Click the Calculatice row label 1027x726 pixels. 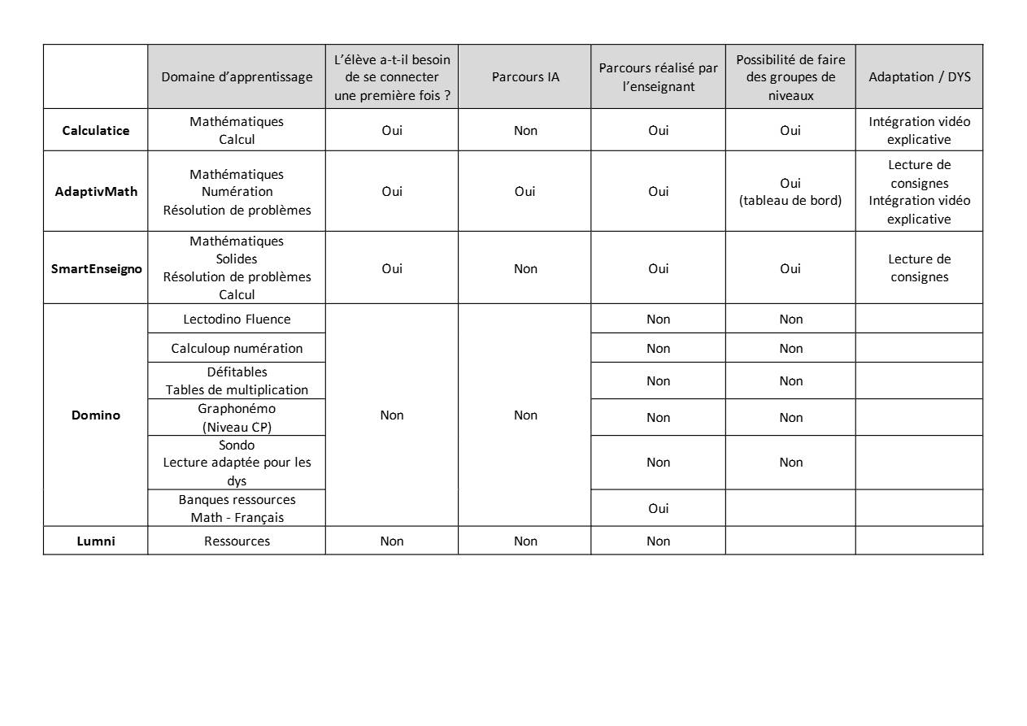pos(96,130)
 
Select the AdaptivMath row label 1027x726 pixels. pos(96,192)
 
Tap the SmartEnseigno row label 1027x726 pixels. pos(96,268)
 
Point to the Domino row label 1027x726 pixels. pos(96,415)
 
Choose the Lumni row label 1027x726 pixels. pos(96,541)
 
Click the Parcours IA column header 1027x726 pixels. pos(525,77)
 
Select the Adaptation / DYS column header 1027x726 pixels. pos(919,77)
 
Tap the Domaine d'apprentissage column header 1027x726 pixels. pos(237,77)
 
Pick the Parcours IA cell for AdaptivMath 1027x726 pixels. pos(525,192)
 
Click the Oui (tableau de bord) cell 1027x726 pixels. pos(790,192)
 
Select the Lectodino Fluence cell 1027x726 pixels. pos(237,320)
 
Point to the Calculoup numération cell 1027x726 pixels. pos(237,348)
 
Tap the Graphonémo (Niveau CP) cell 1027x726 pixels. pos(237,417)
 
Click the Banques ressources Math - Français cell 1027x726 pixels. pos(237,508)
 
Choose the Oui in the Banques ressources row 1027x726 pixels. pos(659,508)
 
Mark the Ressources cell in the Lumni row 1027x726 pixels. pos(237,541)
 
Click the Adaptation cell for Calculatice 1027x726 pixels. pos(919,130)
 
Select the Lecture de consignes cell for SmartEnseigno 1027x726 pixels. pos(919,268)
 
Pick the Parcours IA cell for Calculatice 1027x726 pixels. pos(525,130)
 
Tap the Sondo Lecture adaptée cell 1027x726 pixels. pos(237,463)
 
